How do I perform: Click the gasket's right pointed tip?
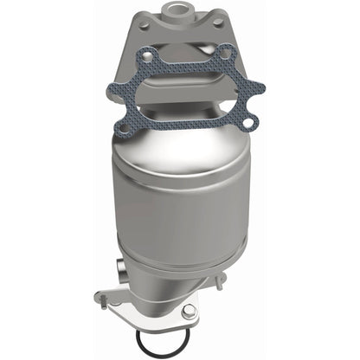point(262,87)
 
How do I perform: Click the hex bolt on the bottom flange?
point(190,311)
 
